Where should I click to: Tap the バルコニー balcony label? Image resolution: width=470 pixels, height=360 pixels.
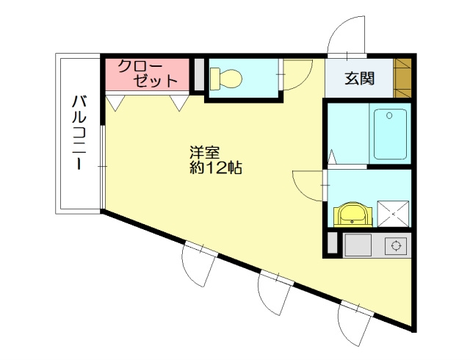(79, 132)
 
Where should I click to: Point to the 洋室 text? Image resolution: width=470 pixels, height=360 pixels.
(205, 153)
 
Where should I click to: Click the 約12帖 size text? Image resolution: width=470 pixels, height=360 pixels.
(215, 168)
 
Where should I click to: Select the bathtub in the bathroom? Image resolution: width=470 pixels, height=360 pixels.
(390, 133)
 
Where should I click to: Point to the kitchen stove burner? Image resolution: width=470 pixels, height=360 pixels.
(397, 246)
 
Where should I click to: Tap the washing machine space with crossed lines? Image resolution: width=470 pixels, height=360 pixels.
(393, 212)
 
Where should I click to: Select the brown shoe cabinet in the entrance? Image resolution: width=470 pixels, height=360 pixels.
(403, 78)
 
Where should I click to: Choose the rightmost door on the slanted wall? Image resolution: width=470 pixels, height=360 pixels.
(355, 323)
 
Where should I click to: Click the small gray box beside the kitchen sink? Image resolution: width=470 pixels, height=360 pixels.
(332, 244)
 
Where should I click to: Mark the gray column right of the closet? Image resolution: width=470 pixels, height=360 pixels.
(198, 74)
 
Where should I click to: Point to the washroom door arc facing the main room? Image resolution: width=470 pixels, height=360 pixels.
(308, 184)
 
